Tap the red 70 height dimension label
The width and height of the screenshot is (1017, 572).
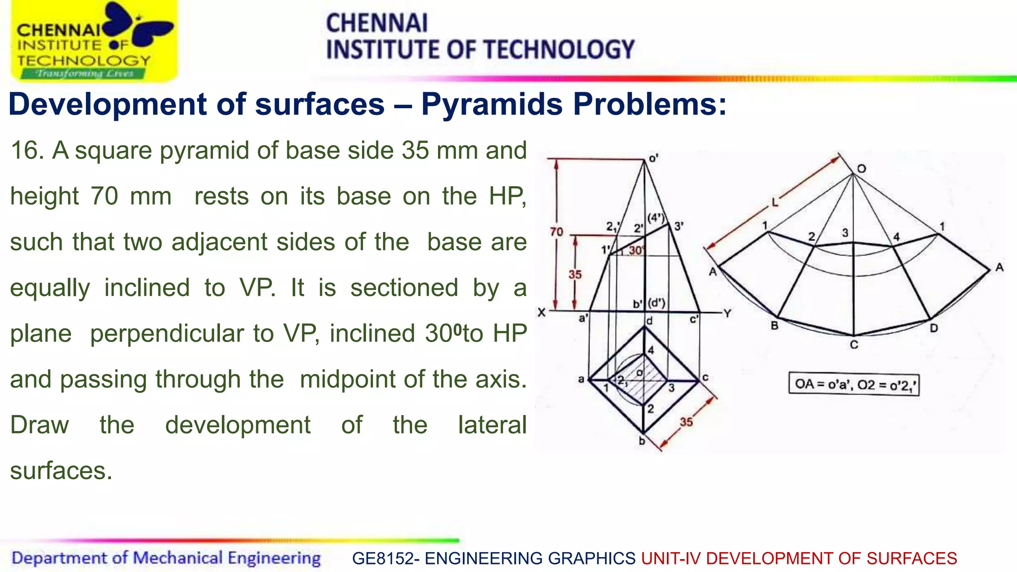click(556, 232)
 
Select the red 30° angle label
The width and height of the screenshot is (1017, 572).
click(636, 250)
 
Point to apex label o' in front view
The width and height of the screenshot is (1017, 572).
click(654, 159)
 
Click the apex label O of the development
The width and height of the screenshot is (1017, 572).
click(862, 169)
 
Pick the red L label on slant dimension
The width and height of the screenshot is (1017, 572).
click(774, 202)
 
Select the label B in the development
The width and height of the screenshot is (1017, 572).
click(774, 326)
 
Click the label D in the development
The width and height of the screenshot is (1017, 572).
click(934, 328)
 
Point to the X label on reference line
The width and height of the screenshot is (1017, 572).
click(541, 313)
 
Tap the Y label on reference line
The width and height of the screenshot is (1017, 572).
click(727, 313)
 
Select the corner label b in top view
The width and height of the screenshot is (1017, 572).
click(642, 441)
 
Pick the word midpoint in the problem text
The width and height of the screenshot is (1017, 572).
click(348, 379)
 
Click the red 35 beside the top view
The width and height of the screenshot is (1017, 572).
click(686, 422)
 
